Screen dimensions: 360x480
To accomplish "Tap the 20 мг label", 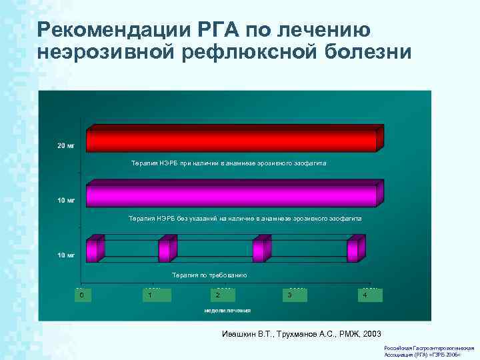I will click(66, 145).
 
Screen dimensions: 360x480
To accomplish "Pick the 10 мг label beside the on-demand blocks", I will click(66, 255).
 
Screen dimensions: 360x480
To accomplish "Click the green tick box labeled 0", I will click(81, 295).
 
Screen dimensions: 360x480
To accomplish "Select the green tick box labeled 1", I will click(152, 295).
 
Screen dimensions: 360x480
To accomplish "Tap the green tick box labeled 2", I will click(217, 295).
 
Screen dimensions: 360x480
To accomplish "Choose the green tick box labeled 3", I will click(289, 295).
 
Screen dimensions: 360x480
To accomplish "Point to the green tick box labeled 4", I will click(365, 295).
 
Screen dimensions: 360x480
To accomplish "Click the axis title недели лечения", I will click(227, 310).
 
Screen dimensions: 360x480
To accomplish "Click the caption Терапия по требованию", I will click(209, 275).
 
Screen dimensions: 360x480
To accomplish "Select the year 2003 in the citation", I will click(369, 333).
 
